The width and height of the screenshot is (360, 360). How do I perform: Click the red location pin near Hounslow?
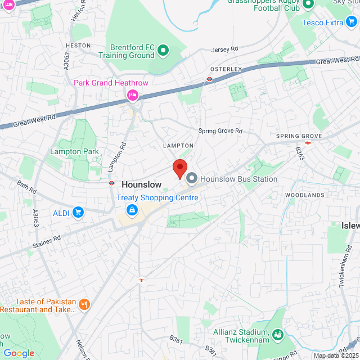click(x=179, y=168)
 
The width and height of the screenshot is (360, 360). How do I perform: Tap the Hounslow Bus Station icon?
click(x=192, y=179)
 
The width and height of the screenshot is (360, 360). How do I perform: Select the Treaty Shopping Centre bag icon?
click(x=132, y=210)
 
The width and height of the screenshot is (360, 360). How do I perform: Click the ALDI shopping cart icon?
click(x=78, y=213)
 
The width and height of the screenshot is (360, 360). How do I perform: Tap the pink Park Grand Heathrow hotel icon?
click(x=133, y=94)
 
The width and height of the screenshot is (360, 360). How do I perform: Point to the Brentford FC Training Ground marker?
click(x=163, y=51)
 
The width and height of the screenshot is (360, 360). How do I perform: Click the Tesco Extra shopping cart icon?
click(x=352, y=22)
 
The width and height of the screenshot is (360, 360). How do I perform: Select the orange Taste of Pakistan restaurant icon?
click(x=84, y=305)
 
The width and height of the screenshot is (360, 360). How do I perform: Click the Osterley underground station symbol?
click(x=209, y=79)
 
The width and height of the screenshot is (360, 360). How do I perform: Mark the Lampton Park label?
click(x=74, y=151)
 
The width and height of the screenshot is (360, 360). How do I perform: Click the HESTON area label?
click(x=78, y=45)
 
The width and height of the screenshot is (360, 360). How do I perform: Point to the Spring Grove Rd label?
click(x=220, y=131)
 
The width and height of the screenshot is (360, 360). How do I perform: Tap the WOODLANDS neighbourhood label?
click(x=304, y=195)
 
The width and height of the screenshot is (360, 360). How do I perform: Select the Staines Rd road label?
click(x=46, y=242)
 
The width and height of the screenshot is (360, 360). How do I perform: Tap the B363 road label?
click(x=300, y=154)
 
